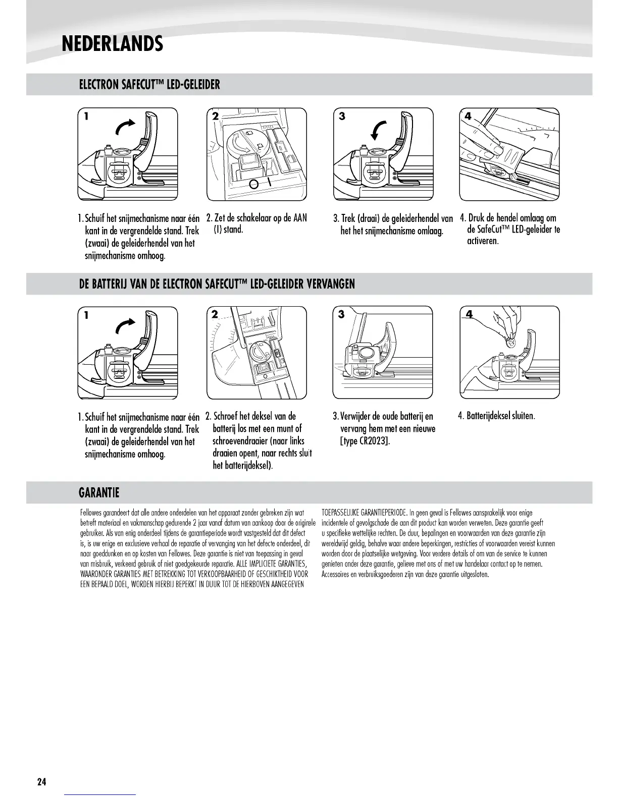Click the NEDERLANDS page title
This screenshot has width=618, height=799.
[x=112, y=44]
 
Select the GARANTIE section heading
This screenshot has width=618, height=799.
[x=99, y=492]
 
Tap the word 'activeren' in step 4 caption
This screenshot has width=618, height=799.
[x=483, y=241]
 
